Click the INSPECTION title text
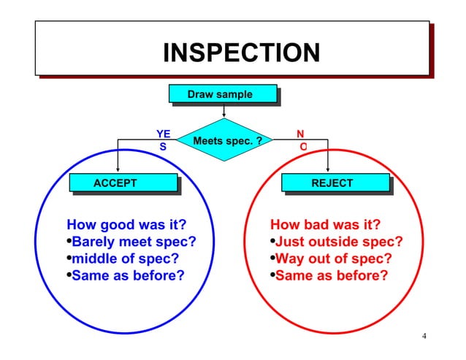(x=241, y=53)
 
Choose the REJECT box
(x=332, y=183)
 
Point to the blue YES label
(x=164, y=139)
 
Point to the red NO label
(x=301, y=139)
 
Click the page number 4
(x=424, y=336)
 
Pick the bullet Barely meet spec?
(x=131, y=242)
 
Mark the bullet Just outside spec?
(x=337, y=242)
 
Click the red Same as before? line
(x=329, y=276)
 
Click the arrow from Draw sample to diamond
(x=224, y=110)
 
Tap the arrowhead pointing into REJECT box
(x=328, y=169)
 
